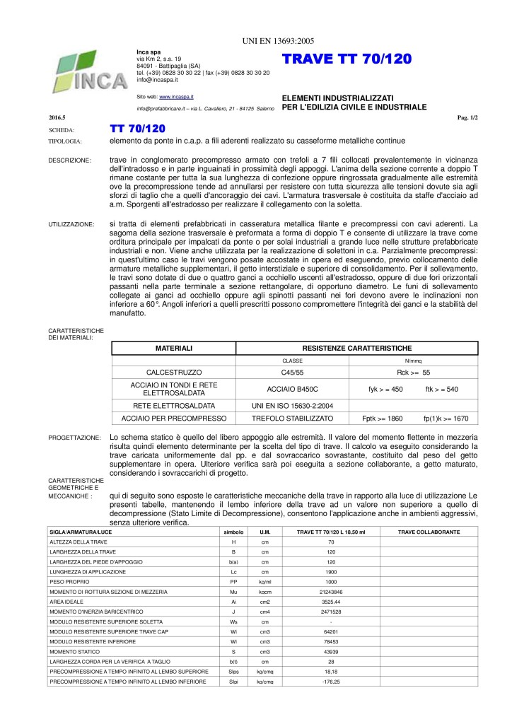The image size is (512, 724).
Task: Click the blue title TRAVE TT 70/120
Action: (346, 60)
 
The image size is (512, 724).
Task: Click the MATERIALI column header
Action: (174, 349)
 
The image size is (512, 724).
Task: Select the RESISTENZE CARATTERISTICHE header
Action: (356, 349)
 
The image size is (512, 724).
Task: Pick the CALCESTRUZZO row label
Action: (174, 371)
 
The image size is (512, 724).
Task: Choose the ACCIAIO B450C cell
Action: (293, 388)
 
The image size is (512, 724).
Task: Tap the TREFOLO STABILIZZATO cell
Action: (293, 419)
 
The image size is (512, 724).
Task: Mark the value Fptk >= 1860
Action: (382, 419)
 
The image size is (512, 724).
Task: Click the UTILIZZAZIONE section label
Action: (71, 224)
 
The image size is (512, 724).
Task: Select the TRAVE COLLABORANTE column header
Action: (429, 531)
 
